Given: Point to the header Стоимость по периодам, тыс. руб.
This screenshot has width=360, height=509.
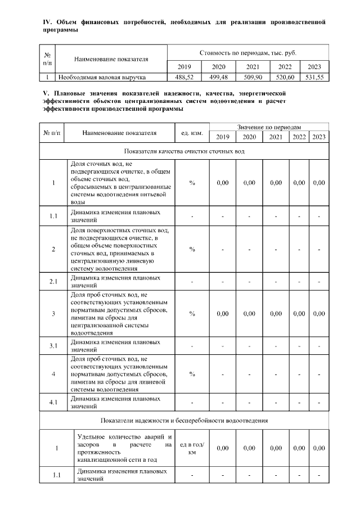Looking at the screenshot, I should pos(248,53).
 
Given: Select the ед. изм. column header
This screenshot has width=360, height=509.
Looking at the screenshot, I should pos(192,133).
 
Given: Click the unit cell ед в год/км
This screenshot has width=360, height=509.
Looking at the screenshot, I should pos(192,448).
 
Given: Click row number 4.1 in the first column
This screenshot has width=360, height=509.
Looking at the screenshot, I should pos(53,402).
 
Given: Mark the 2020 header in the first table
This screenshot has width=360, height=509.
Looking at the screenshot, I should pos(217,66).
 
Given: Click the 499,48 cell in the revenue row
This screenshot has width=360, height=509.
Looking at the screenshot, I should pos(217,77).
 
